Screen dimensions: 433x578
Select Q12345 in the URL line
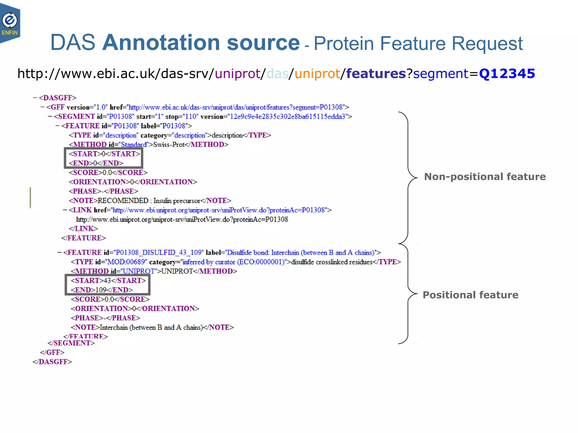(507, 74)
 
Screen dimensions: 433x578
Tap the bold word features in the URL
(376, 74)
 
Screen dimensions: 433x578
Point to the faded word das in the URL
(277, 74)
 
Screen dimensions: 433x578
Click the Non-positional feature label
(485, 177)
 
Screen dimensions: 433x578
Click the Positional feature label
(470, 295)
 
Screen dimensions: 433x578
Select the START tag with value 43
(108, 280)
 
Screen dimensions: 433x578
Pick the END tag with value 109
(102, 290)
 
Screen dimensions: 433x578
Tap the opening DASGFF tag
(58, 98)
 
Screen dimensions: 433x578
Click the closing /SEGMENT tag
(71, 343)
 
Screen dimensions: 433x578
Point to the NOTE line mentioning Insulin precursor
(150, 201)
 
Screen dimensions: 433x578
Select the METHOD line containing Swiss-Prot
(148, 145)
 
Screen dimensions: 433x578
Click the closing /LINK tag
(83, 229)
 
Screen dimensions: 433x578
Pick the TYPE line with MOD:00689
(236, 262)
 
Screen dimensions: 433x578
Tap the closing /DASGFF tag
(52, 362)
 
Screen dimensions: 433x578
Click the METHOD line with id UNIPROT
(154, 271)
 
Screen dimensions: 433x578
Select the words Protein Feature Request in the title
(418, 44)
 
